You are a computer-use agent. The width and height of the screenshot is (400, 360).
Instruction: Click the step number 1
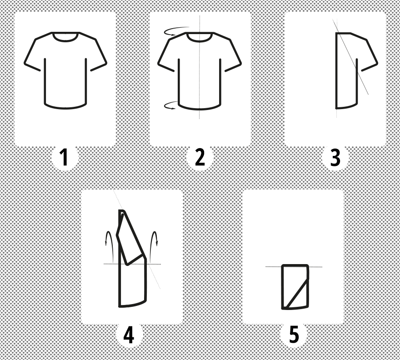pos(64,157)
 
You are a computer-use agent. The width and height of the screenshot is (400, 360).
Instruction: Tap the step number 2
pos(200,157)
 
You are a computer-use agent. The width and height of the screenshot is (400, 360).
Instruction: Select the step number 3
pos(335,158)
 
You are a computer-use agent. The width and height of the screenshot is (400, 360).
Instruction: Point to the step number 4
pos(129,335)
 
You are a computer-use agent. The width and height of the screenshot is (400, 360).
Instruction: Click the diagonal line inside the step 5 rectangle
pos(297,294)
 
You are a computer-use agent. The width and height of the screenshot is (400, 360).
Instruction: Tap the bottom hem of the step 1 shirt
pos(65,107)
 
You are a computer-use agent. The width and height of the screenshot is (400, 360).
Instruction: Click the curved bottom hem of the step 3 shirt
pos(346,107)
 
